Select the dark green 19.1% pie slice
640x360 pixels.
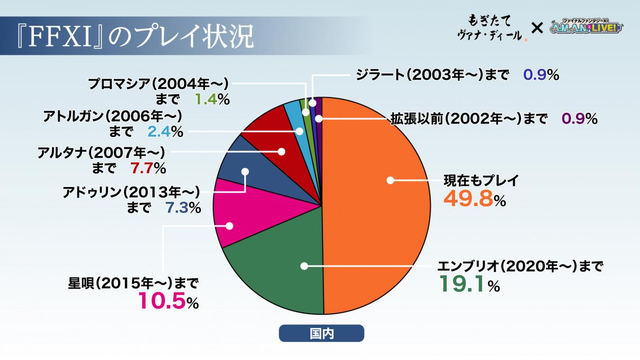(282, 272)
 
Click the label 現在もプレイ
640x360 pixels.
(481, 181)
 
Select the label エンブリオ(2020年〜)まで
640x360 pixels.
(520, 266)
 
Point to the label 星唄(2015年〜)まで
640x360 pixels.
(134, 283)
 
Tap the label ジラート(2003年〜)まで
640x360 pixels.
(432, 75)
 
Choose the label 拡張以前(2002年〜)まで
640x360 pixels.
(469, 119)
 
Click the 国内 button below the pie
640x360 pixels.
(321, 333)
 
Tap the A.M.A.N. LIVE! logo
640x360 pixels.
(587, 28)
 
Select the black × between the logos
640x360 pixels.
(537, 28)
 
